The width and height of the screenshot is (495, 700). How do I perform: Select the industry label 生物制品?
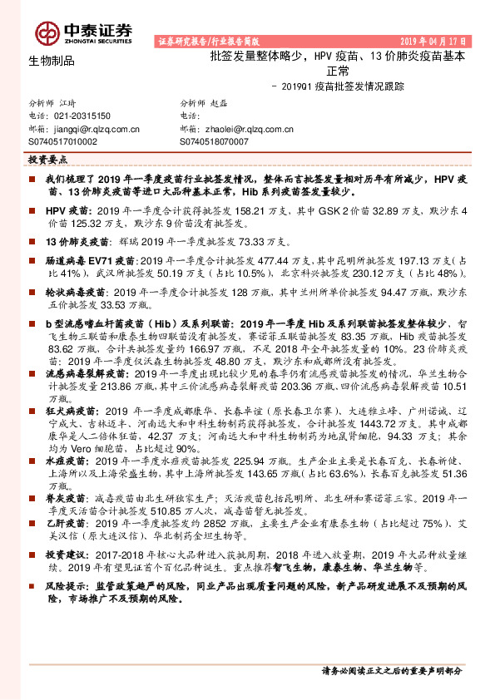click(52, 61)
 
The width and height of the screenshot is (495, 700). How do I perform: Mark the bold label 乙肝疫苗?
click(66, 525)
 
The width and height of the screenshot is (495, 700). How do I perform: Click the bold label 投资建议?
click(67, 554)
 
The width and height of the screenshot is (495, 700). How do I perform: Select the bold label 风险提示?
click(67, 586)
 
